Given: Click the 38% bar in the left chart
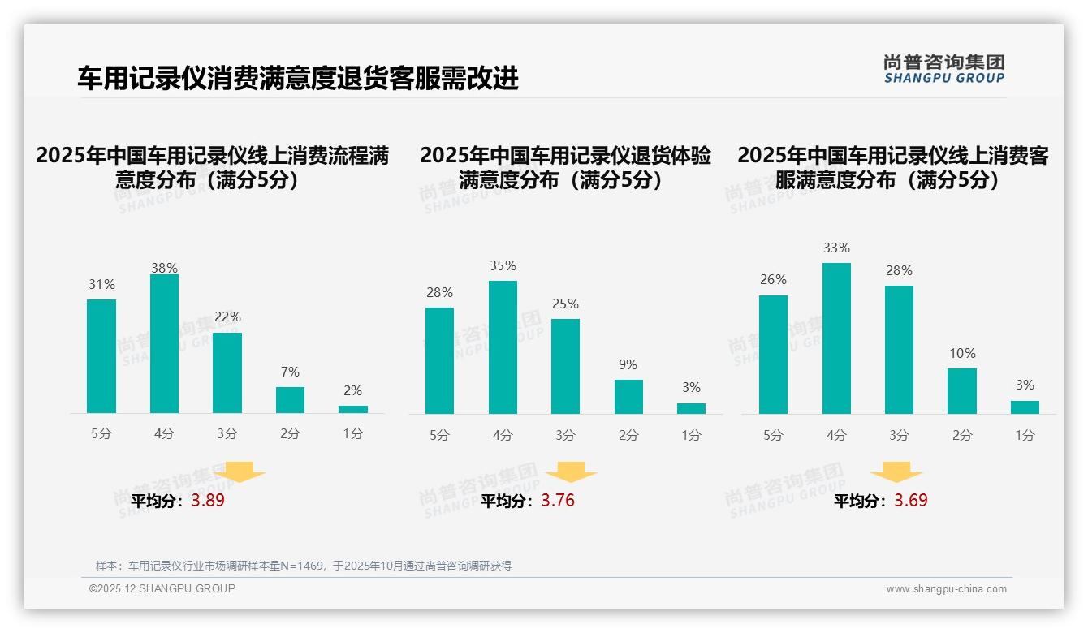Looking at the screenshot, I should coord(164,344).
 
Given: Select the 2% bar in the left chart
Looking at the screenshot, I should coord(353,409).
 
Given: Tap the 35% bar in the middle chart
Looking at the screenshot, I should coord(503,347).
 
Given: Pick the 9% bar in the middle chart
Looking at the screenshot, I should coord(628,397).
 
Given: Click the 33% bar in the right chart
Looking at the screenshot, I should coord(836,338).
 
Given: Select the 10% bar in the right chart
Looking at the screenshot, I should coord(962,391).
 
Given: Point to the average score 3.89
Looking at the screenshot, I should coord(208,501).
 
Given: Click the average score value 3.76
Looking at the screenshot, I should coord(558,501).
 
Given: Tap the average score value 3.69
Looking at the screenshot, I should coord(911,501).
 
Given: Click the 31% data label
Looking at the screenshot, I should coord(101,285).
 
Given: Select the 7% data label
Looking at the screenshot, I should coord(290,372).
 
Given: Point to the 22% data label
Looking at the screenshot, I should coord(227,317).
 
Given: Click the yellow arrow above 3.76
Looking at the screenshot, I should coord(571,472).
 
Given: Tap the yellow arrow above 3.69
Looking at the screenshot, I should coord(896,472).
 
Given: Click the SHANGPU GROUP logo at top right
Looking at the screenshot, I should coord(943,69).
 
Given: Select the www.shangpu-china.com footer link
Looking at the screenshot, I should coord(946,589).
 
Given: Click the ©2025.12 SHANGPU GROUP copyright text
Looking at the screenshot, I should coord(162,588).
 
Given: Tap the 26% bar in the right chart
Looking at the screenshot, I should coord(773,355).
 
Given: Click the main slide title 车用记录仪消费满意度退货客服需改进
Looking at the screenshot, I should coord(298,79).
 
